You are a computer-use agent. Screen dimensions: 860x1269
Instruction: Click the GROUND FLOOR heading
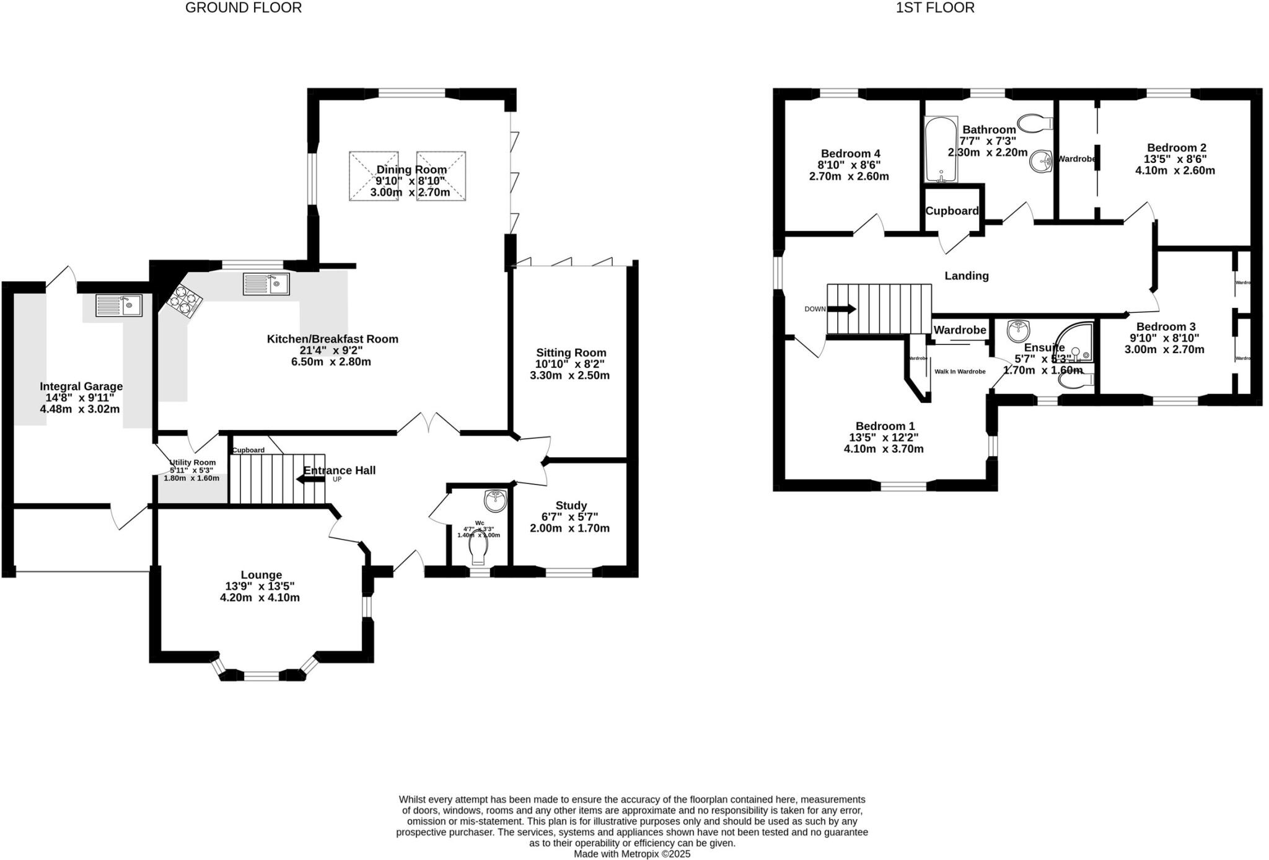pos(244,8)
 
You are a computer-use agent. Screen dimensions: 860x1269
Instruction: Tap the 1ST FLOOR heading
pos(935,8)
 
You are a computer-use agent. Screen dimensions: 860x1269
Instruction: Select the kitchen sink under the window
pos(266,284)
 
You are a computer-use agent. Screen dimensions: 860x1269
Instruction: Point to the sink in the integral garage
pos(119,305)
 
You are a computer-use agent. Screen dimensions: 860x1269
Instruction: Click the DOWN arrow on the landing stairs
pos(841,309)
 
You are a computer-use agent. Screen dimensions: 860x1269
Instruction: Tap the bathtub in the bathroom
pos(941,151)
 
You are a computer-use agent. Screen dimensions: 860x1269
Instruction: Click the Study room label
pos(571,506)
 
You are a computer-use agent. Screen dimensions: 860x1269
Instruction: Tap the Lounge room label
pos(261,575)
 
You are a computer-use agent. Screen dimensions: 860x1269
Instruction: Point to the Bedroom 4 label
pos(850,154)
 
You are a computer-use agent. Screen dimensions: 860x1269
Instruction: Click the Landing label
pos(966,276)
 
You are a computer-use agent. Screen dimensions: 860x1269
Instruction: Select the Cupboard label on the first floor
pos(952,211)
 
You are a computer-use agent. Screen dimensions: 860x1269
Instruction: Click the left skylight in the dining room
pos(373,176)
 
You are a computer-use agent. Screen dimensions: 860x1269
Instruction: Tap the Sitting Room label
pos(571,353)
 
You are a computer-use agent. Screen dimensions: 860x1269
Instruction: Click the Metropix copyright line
pos(631,854)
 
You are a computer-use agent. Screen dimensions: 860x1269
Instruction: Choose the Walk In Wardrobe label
pos(959,372)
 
